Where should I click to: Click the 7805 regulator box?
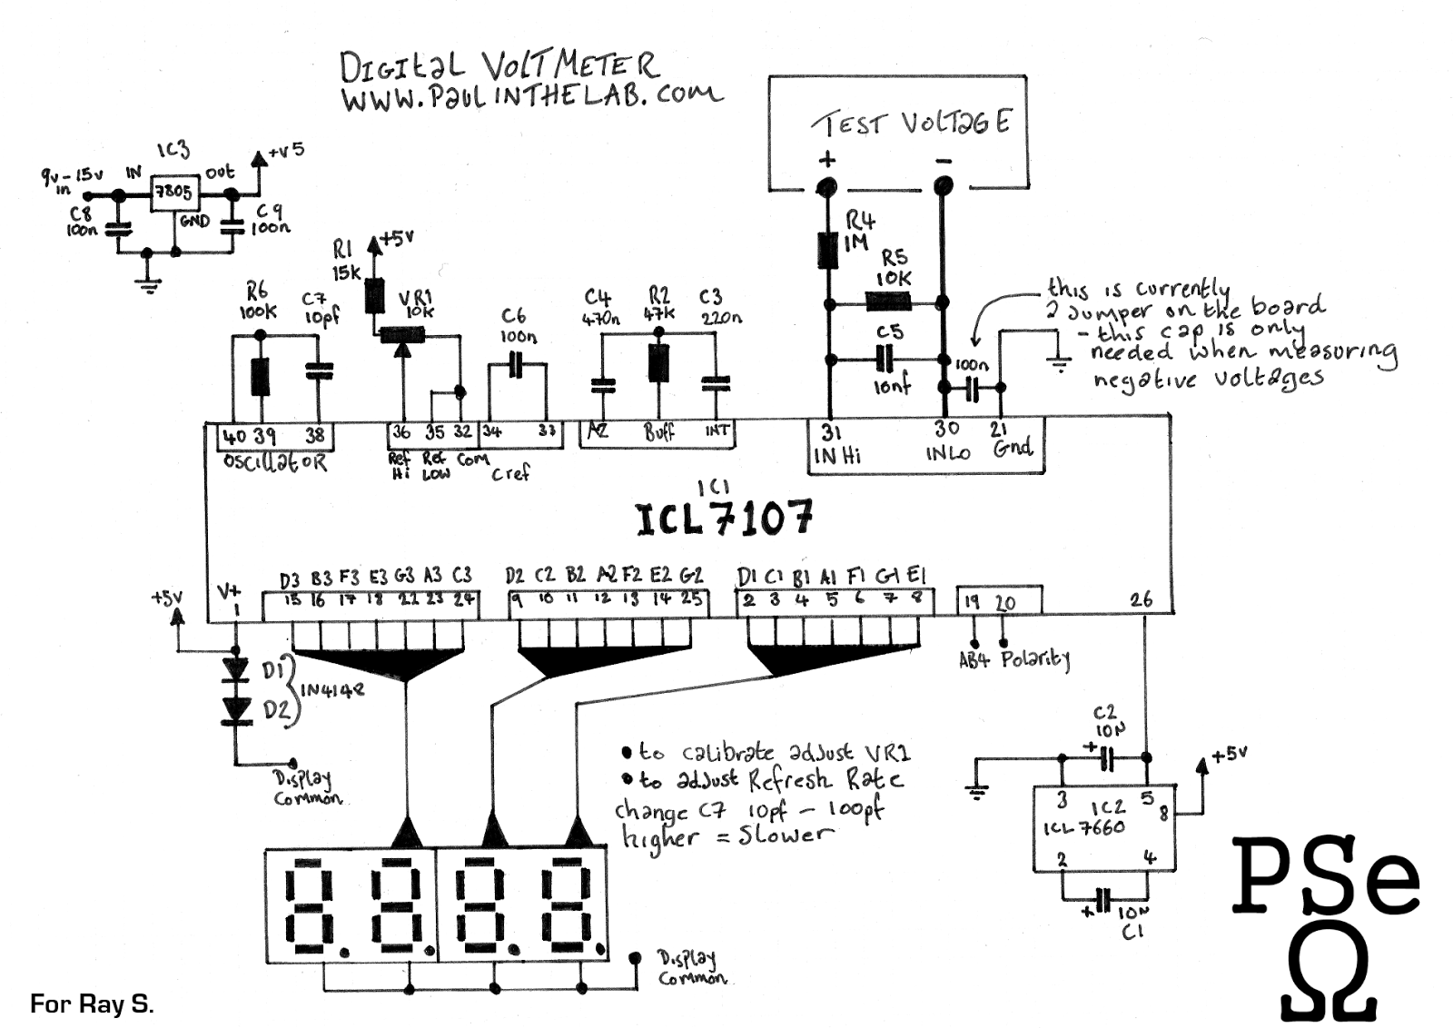pos(172,192)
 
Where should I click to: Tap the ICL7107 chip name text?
pos(723,519)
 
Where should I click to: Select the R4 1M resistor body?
pos(827,251)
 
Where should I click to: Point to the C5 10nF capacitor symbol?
pos(885,361)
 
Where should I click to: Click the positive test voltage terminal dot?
pos(826,188)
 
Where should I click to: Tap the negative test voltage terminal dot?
pos(943,187)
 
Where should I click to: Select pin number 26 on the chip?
pos(1141,599)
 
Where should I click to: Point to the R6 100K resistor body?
pos(261,376)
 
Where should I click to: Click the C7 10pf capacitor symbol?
pos(318,371)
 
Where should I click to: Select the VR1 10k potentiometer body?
pos(400,335)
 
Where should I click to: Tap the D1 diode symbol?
pos(236,669)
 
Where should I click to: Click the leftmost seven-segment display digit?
pos(309,904)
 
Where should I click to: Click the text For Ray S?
pos(92,1003)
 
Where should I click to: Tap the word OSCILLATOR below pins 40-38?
pos(275,462)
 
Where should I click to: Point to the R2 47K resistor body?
pos(658,362)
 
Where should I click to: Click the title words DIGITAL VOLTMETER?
pos(498,66)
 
